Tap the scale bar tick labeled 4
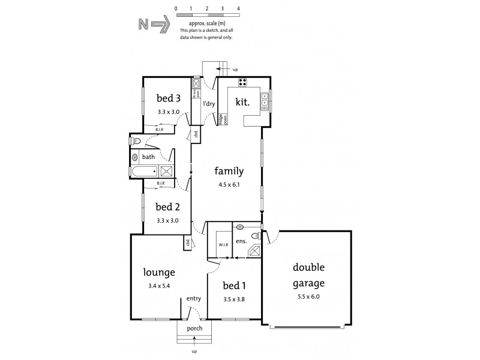click(x=238, y=9)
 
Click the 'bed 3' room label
click(x=168, y=98)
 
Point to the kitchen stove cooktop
click(x=244, y=83)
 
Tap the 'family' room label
click(x=229, y=171)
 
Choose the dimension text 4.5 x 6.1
click(x=229, y=184)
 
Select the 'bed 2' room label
click(x=168, y=207)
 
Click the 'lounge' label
click(x=158, y=272)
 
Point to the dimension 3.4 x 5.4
click(x=158, y=286)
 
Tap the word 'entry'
click(x=193, y=299)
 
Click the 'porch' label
click(x=194, y=328)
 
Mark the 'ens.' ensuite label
click(x=241, y=241)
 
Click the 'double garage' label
click(x=309, y=275)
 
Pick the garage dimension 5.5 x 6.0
click(x=309, y=296)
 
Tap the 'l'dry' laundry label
click(x=209, y=104)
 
